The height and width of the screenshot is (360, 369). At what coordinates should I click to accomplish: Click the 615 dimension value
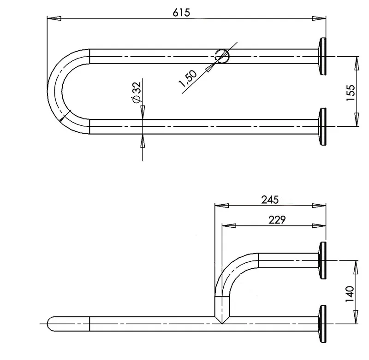pyautogui.click(x=181, y=12)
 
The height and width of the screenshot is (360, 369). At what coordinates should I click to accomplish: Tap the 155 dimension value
pyautogui.click(x=351, y=93)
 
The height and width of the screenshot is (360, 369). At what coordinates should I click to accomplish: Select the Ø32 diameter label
pyautogui.click(x=137, y=92)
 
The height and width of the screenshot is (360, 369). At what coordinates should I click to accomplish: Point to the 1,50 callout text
pyautogui.click(x=188, y=78)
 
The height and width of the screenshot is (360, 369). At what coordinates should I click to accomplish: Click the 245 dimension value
pyautogui.click(x=270, y=200)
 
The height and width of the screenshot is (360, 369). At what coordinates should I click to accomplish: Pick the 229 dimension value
pyautogui.click(x=277, y=219)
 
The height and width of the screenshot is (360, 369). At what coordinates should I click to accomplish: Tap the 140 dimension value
pyautogui.click(x=350, y=294)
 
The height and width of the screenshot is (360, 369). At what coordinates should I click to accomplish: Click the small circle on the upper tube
pyautogui.click(x=222, y=56)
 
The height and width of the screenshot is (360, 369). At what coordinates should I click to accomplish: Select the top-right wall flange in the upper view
pyautogui.click(x=322, y=56)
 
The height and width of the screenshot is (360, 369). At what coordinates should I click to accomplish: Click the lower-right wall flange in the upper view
pyautogui.click(x=322, y=127)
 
